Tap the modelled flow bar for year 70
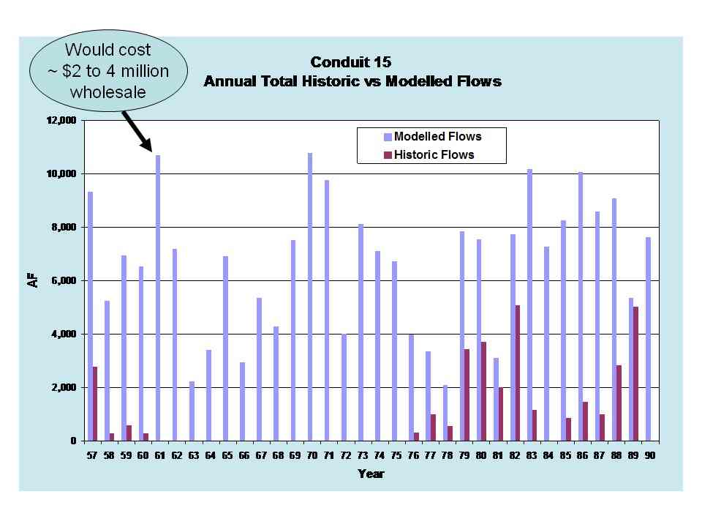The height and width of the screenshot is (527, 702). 310,296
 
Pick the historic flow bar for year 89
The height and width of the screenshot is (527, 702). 636,373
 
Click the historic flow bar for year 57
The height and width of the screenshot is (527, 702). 95,403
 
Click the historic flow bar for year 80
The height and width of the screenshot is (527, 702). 484,391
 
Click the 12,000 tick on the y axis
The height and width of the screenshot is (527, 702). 61,120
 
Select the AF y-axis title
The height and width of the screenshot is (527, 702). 33,280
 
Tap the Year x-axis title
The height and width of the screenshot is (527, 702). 371,474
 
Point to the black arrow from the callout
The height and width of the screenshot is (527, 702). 137,132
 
